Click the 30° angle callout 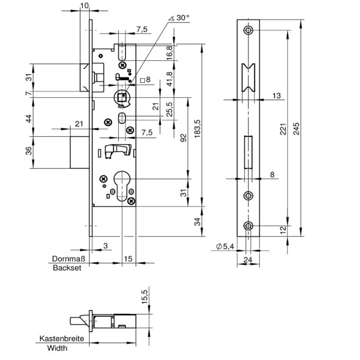point(179,18)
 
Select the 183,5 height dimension point(197,129)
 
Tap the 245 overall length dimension point(296,129)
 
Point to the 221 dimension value point(283,129)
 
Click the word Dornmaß point(68,259)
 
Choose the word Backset point(67,268)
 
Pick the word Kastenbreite point(62,338)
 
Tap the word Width point(58,348)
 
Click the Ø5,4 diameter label point(225,246)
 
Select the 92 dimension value point(184,138)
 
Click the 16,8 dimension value point(169,53)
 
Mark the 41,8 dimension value point(169,79)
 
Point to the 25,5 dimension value point(169,109)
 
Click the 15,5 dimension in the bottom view point(145,297)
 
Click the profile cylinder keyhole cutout point(122,186)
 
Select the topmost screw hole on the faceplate point(248,30)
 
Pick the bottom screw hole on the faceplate point(248,226)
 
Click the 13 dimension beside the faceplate point(277,96)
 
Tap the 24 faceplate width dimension point(248,260)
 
